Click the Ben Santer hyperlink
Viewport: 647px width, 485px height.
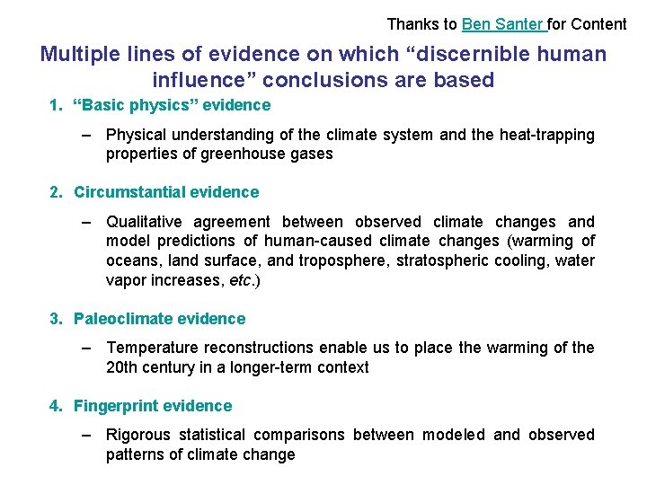point(503,24)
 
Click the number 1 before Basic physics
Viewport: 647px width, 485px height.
point(55,105)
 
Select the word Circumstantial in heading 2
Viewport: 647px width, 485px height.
point(124,192)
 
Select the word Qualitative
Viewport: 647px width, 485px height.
point(146,222)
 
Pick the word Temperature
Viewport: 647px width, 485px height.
point(152,348)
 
